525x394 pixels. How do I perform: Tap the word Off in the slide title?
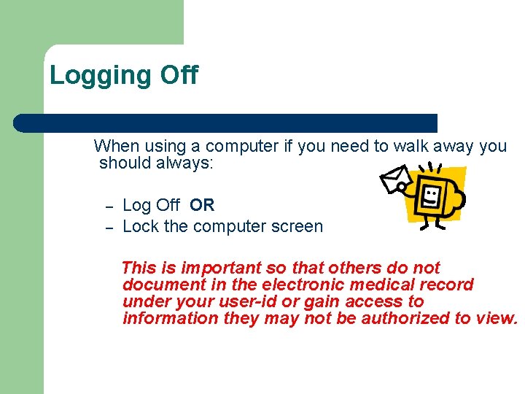click(178, 75)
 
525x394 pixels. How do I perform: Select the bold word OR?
click(202, 206)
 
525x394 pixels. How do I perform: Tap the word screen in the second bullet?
click(297, 226)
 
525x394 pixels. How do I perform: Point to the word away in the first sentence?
click(455, 146)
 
